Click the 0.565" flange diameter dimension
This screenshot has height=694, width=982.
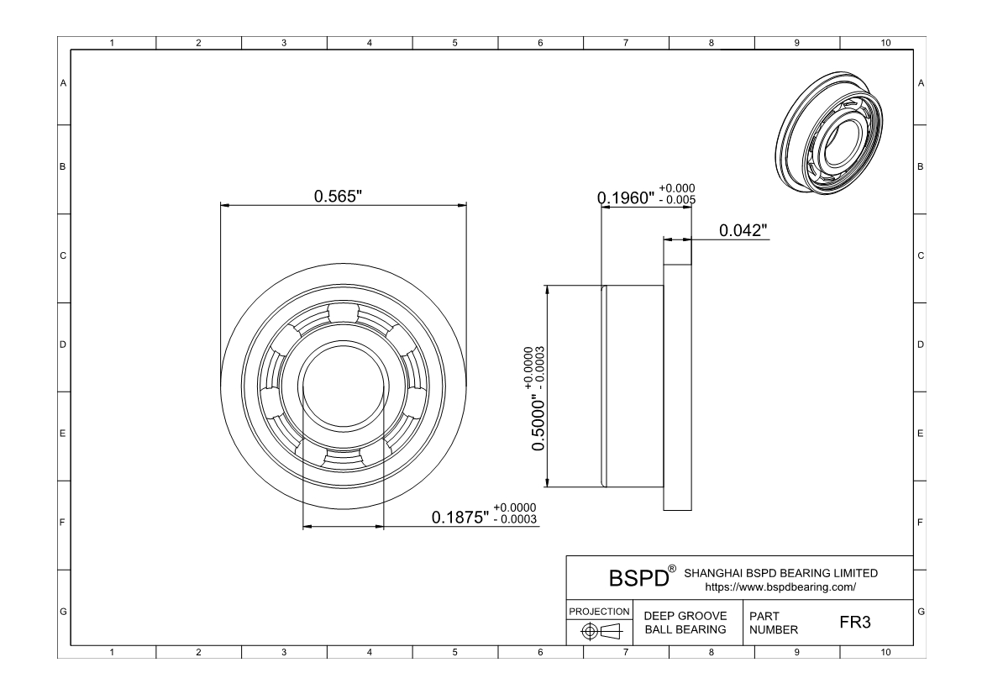click(339, 196)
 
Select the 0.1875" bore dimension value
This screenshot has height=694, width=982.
click(459, 518)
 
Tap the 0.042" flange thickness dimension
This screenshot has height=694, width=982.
click(743, 230)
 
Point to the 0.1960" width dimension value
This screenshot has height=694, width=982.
click(626, 198)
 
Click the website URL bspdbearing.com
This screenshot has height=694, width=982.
click(780, 587)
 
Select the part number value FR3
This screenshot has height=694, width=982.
click(855, 622)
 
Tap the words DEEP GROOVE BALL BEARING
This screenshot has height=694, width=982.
click(685, 623)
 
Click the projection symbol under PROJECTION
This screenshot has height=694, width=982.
click(601, 631)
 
